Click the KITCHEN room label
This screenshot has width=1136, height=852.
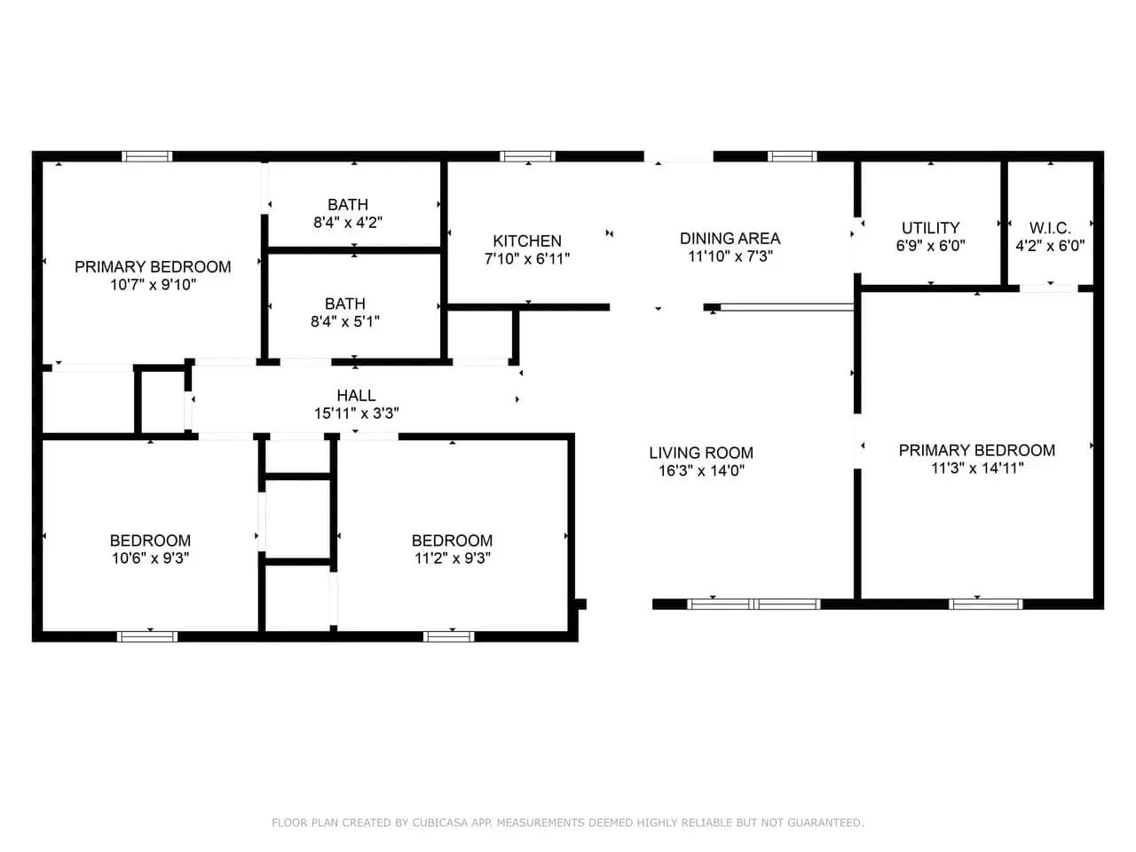(527, 241)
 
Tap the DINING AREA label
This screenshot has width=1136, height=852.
(730, 239)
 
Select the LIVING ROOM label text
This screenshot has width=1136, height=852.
(701, 454)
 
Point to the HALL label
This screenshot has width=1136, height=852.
(356, 396)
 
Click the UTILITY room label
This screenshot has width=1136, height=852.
(930, 228)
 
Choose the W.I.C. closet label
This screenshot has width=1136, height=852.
(1050, 228)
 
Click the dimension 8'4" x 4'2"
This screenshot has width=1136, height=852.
(348, 223)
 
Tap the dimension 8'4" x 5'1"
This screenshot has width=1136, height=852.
(345, 322)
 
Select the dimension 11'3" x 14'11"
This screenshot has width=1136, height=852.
(977, 469)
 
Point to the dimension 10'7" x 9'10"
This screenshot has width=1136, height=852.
(154, 285)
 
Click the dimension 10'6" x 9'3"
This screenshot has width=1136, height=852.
(151, 558)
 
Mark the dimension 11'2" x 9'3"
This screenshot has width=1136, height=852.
(453, 558)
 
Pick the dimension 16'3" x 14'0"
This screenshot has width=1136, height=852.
(701, 470)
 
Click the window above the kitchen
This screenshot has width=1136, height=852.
(527, 156)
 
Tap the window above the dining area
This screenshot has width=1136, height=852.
(792, 156)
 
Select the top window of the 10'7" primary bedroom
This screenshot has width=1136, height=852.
(147, 156)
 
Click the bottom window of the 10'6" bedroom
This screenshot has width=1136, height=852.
(147, 636)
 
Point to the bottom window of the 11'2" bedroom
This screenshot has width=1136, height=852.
(448, 636)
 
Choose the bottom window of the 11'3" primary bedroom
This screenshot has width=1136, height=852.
(985, 603)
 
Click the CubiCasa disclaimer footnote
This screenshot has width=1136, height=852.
(568, 822)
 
